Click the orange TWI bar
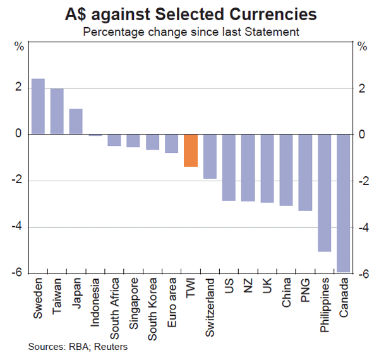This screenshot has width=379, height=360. tap(191, 150)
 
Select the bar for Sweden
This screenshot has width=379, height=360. tap(38, 106)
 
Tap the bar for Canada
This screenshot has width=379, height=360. tap(344, 203)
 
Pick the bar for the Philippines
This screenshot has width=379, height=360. tap(325, 193)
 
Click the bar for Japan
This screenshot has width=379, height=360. tap(76, 121)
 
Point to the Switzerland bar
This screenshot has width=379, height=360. tap(210, 157)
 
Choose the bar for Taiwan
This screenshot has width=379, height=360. tap(57, 111)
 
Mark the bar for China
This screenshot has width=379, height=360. tap(286, 170)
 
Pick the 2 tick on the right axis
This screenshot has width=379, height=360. tap(362, 88)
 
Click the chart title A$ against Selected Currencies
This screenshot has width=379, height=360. tap(189, 14)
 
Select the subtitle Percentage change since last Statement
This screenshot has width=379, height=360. tap(189, 30)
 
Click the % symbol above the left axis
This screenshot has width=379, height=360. tap(20, 45)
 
